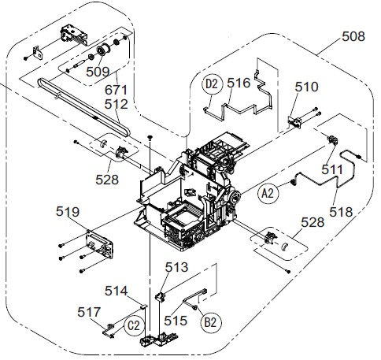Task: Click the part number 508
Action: [x=353, y=36]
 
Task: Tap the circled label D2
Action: [x=212, y=84]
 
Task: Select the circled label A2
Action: [x=268, y=194]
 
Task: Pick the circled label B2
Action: [x=210, y=322]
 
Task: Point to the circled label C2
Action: [x=135, y=325]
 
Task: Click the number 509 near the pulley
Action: [x=98, y=72]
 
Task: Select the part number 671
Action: [x=116, y=90]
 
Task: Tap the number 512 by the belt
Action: [x=117, y=104]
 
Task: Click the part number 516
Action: [x=239, y=83]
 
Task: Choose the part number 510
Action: [x=307, y=87]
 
